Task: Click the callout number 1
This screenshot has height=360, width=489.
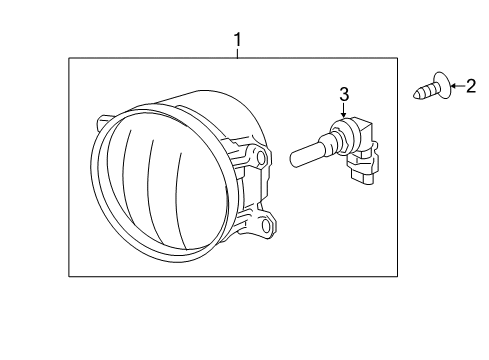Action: tap(238, 40)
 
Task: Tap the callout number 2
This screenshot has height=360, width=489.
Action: tap(470, 88)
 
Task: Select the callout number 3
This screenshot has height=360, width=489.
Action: tap(343, 95)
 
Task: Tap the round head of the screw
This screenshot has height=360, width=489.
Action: tap(439, 88)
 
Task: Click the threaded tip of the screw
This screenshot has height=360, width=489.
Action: tap(420, 96)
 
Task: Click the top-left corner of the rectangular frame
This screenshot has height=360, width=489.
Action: tap(69, 59)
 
